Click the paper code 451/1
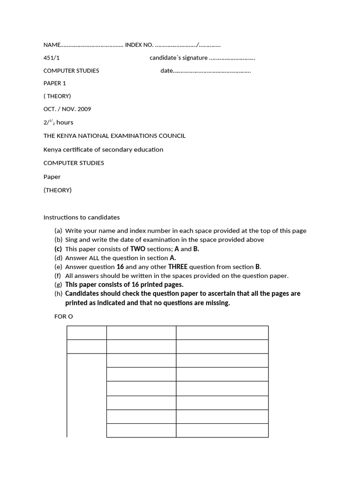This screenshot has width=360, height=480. pos(52,58)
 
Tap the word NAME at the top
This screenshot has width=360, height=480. pos(52,45)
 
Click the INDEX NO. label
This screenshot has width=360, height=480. pos(139,45)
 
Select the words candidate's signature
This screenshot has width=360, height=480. pos(179,58)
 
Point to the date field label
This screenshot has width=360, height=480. pos(167,71)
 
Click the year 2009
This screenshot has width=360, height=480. pos(84,109)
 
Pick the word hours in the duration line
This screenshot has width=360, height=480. pos(65,122)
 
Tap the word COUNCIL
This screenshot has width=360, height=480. pos(172,136)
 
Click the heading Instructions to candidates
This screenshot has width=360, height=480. pos(82,217)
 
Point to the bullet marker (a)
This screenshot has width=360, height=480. pos(58,231)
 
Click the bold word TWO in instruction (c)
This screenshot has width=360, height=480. pos(138,249)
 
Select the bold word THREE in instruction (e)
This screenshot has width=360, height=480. pos(178,267)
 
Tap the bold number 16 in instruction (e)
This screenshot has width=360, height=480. pos(120,267)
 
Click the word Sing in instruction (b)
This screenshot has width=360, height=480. pos(71,240)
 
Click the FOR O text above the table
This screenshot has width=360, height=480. pos(64,316)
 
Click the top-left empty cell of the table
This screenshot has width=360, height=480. pos(87,332)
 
